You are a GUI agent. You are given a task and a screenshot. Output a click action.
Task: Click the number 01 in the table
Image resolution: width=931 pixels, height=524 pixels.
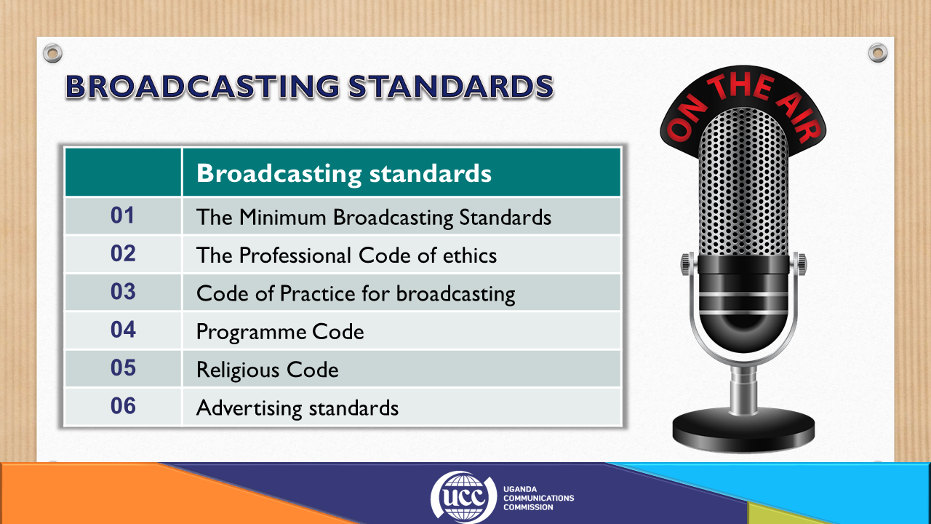(x=122, y=215)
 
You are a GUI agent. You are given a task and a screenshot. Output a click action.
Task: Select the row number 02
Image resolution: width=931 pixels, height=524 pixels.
(x=123, y=254)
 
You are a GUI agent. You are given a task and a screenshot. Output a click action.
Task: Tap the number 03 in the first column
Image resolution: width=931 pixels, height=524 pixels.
(x=123, y=292)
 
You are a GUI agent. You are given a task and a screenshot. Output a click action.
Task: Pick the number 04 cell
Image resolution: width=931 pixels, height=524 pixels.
(x=123, y=330)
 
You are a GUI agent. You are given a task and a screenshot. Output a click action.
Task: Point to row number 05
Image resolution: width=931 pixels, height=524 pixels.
(x=123, y=368)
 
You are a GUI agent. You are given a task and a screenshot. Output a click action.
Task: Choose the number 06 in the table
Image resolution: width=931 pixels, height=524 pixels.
(x=123, y=406)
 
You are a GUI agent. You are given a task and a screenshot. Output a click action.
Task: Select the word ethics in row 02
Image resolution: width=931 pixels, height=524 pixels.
(x=470, y=255)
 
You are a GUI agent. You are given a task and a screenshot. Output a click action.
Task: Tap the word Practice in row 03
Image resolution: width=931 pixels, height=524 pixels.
(x=318, y=293)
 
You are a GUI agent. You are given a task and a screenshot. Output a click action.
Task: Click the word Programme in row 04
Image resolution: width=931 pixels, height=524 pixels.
(x=251, y=333)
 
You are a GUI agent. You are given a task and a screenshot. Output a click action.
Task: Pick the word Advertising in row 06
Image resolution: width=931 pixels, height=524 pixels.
(x=249, y=408)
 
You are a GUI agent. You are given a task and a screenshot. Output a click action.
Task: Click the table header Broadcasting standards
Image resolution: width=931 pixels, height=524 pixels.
(x=344, y=173)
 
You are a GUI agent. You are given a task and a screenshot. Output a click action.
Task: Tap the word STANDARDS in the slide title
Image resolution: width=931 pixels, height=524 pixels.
(x=451, y=87)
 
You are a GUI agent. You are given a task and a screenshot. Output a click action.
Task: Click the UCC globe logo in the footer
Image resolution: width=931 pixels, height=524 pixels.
(x=463, y=496)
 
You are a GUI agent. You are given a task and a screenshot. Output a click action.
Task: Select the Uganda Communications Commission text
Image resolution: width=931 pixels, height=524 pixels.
(x=539, y=499)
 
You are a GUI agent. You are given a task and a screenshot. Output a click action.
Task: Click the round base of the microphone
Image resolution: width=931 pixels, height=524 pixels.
(x=743, y=430)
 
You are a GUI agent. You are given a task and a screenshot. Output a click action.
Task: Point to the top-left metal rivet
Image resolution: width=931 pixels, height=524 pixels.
(x=53, y=53)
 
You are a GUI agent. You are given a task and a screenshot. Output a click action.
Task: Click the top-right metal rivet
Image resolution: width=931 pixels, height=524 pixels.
(x=878, y=53)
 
